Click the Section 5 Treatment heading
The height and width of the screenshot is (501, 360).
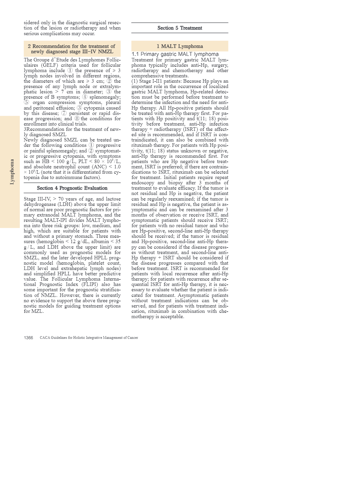pyautogui.click(x=180, y=28)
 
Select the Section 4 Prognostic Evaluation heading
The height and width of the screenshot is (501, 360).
pyautogui.click(x=72, y=188)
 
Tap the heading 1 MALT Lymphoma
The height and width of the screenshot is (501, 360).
pyautogui.click(x=180, y=46)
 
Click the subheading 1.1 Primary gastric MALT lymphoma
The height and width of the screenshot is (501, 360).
pyautogui.click(x=175, y=54)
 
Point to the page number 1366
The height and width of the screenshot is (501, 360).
pyautogui.click(x=28, y=338)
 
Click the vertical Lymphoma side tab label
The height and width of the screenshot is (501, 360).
pyautogui.click(x=12, y=172)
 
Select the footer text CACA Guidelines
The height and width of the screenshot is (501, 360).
pyautogui.click(x=89, y=338)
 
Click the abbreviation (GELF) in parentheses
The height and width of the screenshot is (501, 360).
pyautogui.click(x=33, y=65)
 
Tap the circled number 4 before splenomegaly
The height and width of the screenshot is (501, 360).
pyautogui.click(x=85, y=97)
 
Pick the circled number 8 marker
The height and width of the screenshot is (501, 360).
pyautogui.click(x=77, y=119)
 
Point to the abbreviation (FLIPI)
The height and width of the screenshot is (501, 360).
pyautogui.click(x=89, y=284)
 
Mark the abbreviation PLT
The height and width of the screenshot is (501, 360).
pyautogui.click(x=82, y=162)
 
